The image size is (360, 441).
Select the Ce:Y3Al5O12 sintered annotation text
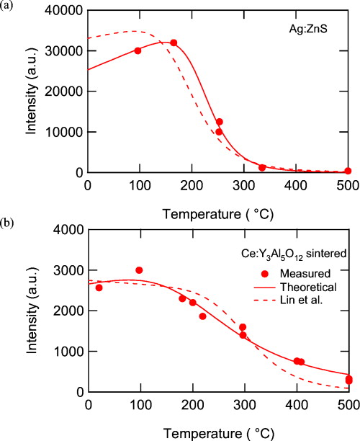point(294,254)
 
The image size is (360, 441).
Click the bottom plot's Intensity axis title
point(32,311)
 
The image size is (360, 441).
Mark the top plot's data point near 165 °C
point(174,43)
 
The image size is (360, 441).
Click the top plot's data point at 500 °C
point(348,171)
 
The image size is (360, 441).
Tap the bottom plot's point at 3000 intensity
point(139,270)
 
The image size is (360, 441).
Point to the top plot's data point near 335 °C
point(262,167)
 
